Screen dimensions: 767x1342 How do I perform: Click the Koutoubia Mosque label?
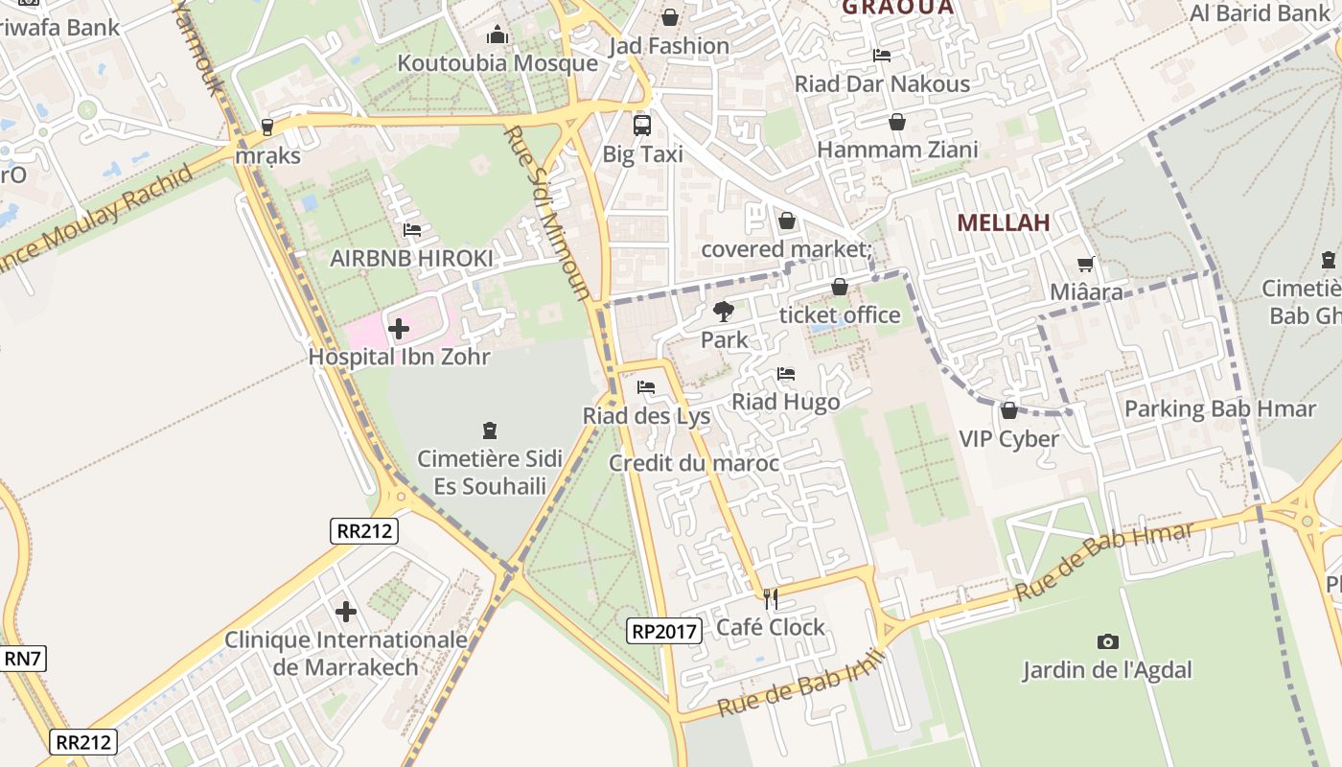[x=497, y=63]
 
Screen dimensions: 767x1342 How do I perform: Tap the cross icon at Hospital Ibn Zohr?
[x=399, y=329]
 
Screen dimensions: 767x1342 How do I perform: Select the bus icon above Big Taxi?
[x=641, y=126]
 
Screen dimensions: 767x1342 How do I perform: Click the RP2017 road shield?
[x=665, y=631]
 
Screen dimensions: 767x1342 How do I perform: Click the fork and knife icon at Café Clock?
[x=770, y=599]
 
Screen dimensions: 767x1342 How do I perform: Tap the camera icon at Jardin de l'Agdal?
[x=1107, y=641]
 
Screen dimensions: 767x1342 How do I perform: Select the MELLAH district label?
[x=1003, y=222]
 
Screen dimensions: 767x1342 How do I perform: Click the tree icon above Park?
[x=724, y=311]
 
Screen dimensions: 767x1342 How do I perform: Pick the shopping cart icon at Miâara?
[x=1085, y=264]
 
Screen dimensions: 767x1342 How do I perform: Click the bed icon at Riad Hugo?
[x=786, y=374]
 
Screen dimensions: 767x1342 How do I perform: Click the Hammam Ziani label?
[x=897, y=150]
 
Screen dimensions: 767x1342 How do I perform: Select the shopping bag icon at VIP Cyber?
[x=1008, y=411]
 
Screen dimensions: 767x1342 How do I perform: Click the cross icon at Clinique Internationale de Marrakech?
[x=346, y=611]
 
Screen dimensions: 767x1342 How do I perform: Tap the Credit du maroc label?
[x=694, y=464]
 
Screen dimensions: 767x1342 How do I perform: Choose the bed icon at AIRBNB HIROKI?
[x=412, y=230]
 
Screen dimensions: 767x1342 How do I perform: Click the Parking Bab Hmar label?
[x=1219, y=409]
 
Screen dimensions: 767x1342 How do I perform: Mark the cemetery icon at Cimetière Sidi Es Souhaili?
[x=490, y=430]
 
